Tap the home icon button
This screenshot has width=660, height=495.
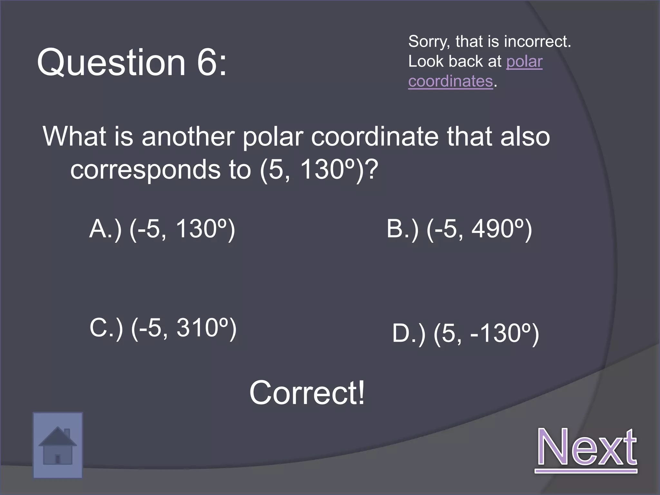[x=58, y=445]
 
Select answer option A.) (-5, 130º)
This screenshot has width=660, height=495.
[x=162, y=229]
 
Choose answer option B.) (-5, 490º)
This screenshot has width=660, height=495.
[x=459, y=229]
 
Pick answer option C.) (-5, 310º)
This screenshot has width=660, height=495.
[x=163, y=328]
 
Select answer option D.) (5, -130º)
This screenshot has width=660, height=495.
[x=465, y=333]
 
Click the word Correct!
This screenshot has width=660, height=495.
[x=307, y=393]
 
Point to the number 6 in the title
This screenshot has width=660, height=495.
[x=207, y=62]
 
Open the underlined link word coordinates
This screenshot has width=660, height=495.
[x=451, y=81]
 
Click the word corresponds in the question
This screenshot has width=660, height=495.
[x=145, y=170]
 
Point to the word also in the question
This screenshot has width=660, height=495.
[x=525, y=136]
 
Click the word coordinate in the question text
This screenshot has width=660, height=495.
[x=375, y=136]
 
